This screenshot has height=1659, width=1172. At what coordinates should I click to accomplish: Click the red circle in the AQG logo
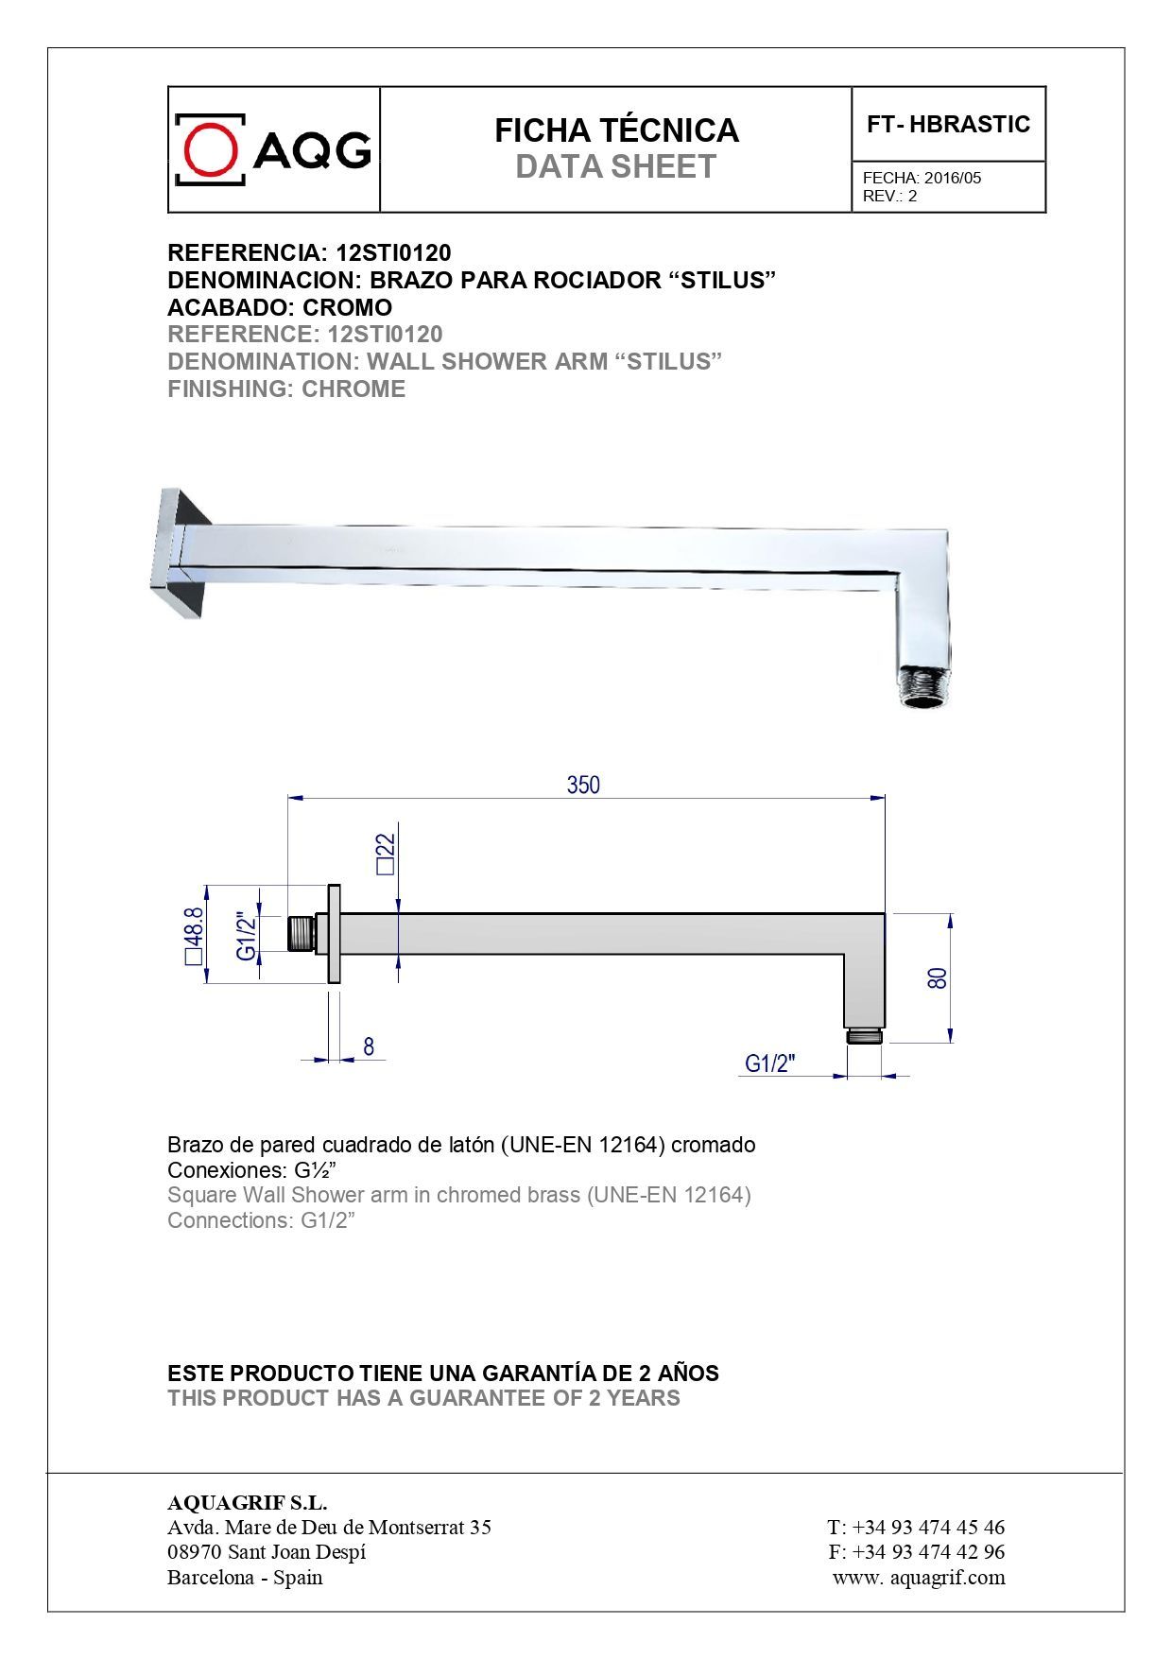[210, 149]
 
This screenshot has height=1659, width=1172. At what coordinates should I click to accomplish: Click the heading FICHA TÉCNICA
[616, 130]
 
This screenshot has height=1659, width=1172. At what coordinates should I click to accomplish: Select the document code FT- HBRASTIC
[948, 125]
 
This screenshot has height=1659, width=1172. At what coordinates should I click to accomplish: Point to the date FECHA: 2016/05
[922, 178]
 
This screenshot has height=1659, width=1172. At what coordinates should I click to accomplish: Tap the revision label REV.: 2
[889, 197]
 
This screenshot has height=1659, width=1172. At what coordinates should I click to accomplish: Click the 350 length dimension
[583, 785]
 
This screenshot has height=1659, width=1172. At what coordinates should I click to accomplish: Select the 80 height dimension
[937, 977]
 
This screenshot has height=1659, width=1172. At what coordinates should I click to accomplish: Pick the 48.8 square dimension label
[194, 934]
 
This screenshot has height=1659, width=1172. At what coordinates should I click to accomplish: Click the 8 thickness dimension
[369, 1046]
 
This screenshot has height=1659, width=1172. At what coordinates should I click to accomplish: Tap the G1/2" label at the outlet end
[770, 1063]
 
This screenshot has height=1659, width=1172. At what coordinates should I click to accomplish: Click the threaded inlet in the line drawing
[301, 934]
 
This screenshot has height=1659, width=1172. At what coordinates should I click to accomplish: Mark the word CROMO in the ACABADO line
[347, 308]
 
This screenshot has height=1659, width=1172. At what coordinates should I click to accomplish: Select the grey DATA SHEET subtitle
[616, 167]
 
